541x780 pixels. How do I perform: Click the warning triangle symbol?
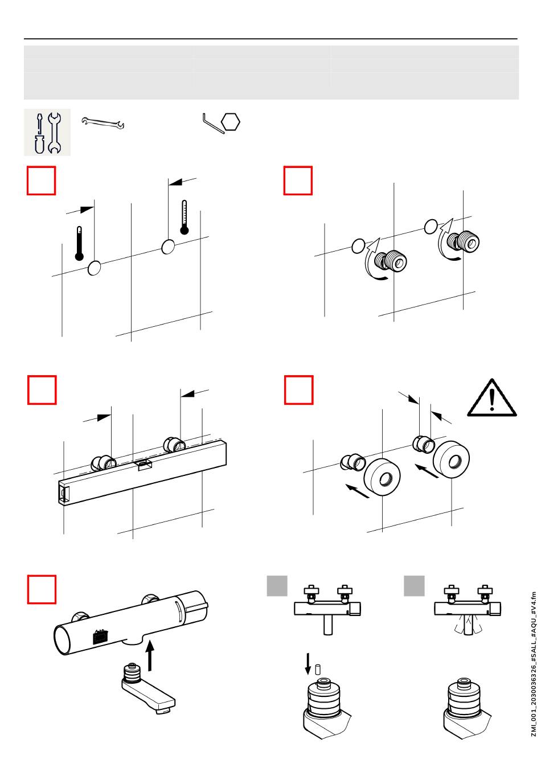click(491, 399)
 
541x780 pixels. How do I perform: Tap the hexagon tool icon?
click(231, 122)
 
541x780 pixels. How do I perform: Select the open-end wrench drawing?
click(103, 122)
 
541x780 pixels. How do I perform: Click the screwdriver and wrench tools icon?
click(47, 133)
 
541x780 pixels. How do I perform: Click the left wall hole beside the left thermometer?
click(95, 268)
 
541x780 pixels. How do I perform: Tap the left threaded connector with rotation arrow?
click(394, 261)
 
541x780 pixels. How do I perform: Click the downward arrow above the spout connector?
click(308, 664)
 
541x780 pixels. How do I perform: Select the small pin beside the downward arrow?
click(318, 668)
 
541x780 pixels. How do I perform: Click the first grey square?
click(277, 586)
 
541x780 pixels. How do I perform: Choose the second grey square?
click(414, 586)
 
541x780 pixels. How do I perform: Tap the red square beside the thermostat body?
click(42, 589)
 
